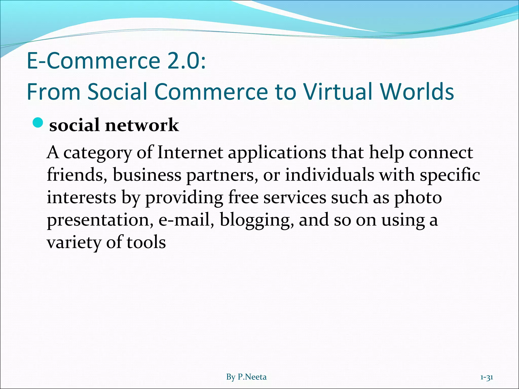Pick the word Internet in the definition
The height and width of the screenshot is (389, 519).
(190, 153)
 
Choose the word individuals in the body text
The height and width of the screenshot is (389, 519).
(329, 175)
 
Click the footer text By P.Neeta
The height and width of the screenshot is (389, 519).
(246, 377)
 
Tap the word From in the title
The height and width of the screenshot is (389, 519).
(53, 91)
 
